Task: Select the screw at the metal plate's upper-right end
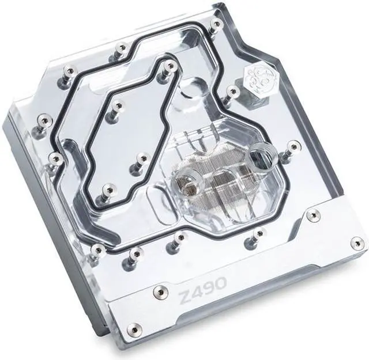coord(312,216)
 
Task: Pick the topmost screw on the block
coord(215,25)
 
